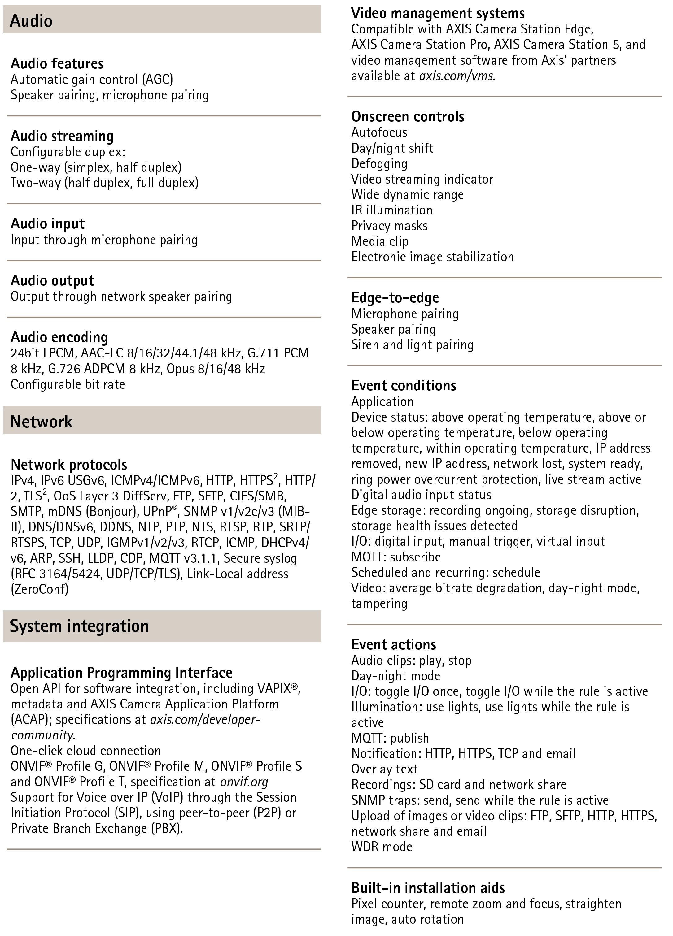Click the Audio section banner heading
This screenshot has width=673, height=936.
[x=31, y=21]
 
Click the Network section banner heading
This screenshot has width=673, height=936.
[x=41, y=421]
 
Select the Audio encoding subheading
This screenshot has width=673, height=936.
[x=59, y=337]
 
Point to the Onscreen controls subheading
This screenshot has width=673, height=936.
[x=408, y=116]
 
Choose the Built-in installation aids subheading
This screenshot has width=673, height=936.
[x=428, y=887]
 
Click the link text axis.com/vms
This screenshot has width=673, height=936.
[x=456, y=76]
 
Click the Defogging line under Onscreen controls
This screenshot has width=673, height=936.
[x=379, y=163]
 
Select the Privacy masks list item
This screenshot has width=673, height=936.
[x=389, y=226]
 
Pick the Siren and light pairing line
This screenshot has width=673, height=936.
[x=412, y=344]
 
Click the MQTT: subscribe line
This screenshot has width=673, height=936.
[x=395, y=557]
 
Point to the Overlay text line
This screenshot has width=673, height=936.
[x=384, y=769]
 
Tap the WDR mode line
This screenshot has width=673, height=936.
[x=382, y=847]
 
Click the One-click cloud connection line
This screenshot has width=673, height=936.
[x=85, y=750]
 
